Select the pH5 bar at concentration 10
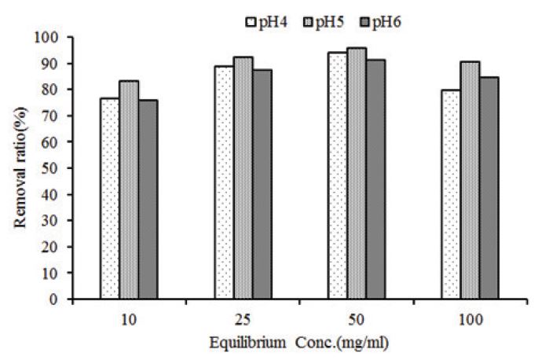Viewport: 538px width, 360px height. click(x=129, y=189)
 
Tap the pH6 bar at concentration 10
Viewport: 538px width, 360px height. click(x=148, y=199)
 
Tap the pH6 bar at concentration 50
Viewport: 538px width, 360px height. click(x=375, y=179)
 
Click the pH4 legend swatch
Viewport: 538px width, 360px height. click(x=252, y=21)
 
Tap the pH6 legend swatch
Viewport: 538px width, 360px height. click(x=364, y=21)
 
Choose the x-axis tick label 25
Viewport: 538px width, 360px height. click(x=243, y=319)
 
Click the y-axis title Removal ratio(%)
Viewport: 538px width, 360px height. click(x=21, y=168)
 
